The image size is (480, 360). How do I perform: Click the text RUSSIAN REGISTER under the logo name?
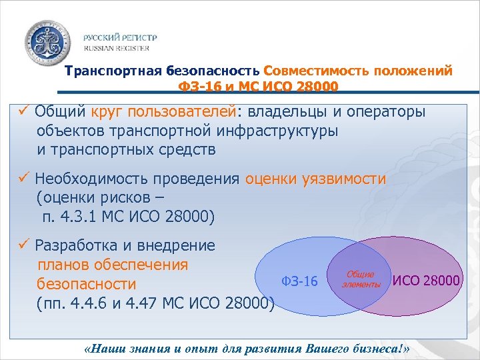coord(116,49)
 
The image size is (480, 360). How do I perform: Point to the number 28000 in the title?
coord(315,87)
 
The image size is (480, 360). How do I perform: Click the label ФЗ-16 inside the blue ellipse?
coord(299,281)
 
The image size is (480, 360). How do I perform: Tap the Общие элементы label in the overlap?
coord(361,279)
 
